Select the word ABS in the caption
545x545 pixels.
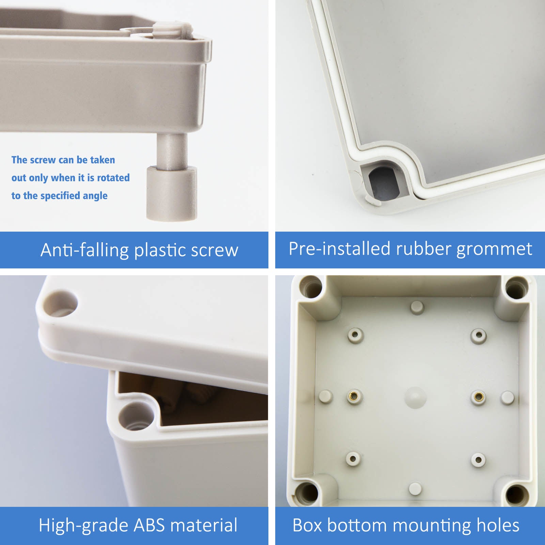pyautogui.click(x=149, y=525)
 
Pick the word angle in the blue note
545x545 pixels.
pyautogui.click(x=97, y=196)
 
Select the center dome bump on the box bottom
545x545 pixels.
pyautogui.click(x=416, y=397)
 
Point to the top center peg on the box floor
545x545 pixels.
pyautogui.click(x=417, y=307)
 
